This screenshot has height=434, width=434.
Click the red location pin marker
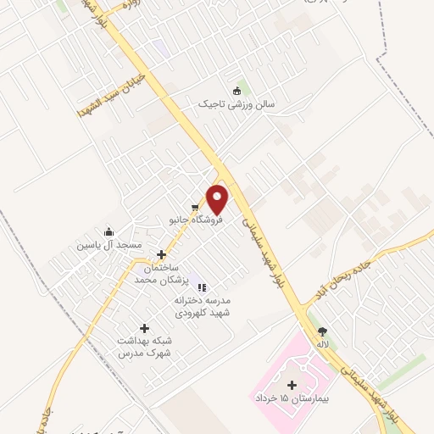[218, 200]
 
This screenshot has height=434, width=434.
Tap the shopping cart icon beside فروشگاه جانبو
[196, 207]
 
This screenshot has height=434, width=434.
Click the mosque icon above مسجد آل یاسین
[108, 232]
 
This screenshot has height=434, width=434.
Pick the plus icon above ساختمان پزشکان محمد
[161, 253]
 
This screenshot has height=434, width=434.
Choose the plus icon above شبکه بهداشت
[143, 328]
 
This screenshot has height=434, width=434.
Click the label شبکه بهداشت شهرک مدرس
[143, 346]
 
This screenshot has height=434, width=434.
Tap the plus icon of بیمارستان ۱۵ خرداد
[292, 385]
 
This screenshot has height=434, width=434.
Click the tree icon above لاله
[321, 331]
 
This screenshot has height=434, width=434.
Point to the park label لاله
[322, 345]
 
